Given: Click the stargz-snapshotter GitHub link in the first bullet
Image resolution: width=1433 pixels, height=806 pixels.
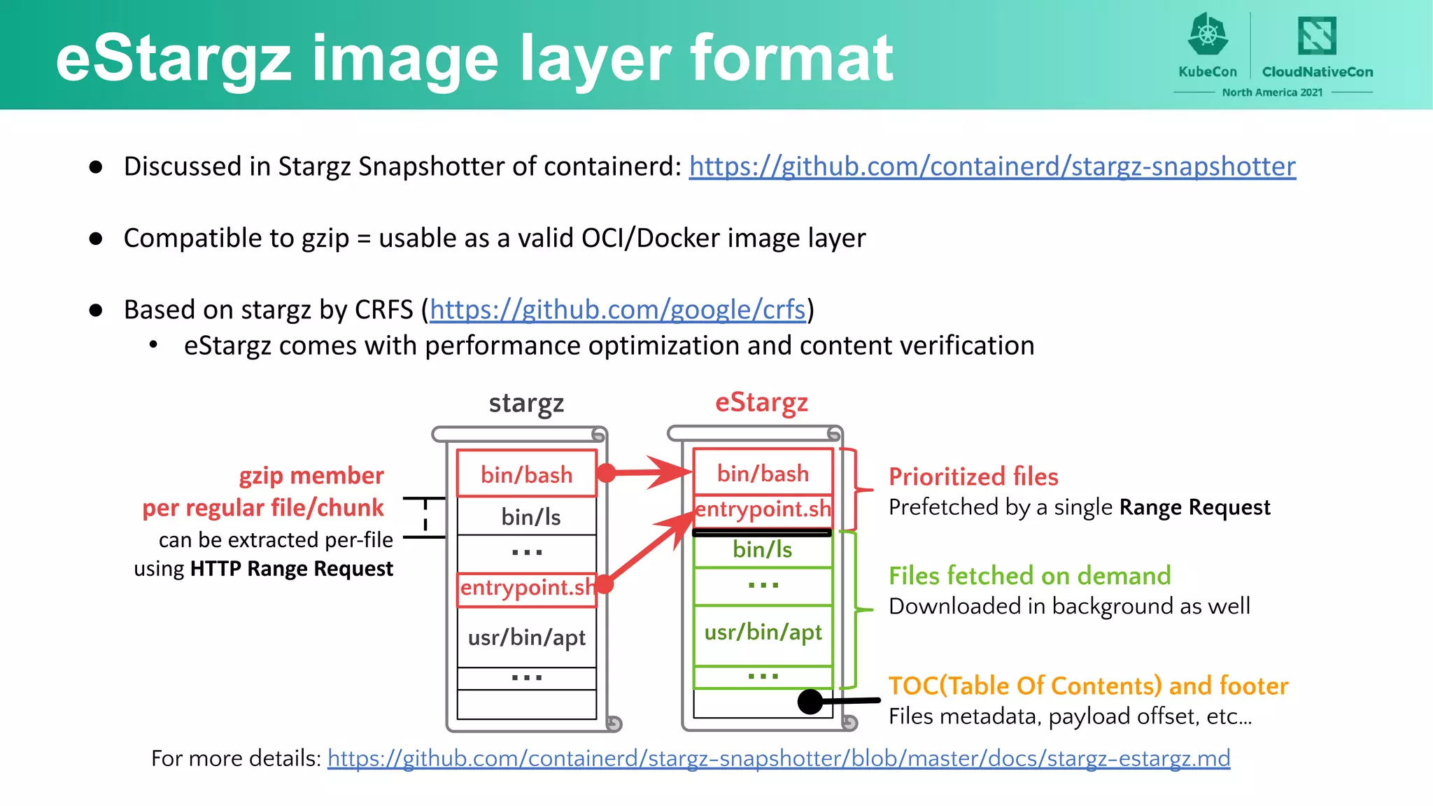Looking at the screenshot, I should tap(992, 167).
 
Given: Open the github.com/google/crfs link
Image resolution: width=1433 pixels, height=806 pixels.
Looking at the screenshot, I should tap(617, 309).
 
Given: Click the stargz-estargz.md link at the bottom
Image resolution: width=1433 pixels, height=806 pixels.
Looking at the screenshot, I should tap(778, 758).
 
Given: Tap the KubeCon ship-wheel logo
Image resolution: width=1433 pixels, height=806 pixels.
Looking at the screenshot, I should tap(1208, 35).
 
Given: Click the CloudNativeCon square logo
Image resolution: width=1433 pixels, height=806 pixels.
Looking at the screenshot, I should tap(1317, 36).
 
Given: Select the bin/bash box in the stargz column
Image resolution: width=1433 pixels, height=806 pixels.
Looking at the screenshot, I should tap(526, 474).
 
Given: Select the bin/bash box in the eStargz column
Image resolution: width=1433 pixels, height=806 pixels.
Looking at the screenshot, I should tap(763, 473).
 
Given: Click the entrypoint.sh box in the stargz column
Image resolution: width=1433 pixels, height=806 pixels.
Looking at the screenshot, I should tap(526, 588).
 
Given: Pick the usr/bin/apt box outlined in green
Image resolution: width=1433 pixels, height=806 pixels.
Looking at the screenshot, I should tap(763, 632).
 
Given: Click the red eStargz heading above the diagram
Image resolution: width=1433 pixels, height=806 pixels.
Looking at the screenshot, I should tap(761, 403).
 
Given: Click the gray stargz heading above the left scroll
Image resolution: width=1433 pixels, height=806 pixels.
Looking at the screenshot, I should tap(526, 404).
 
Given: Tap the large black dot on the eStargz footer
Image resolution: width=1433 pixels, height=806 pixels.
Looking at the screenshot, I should tap(810, 701).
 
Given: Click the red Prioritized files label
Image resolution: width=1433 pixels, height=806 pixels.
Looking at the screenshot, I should tap(973, 477).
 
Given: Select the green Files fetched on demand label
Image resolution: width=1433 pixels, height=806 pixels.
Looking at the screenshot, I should tap(1029, 576).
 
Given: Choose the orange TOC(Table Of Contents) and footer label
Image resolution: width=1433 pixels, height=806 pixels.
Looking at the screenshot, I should tap(1088, 686).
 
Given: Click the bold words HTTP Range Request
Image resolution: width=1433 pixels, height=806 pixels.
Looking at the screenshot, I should tap(291, 569).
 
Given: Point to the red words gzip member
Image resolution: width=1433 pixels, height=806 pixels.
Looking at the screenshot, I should tap(311, 476).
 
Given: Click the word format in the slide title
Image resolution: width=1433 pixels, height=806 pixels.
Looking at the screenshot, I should tap(792, 59).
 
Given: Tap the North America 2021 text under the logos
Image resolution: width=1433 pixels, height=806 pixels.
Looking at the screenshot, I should tap(1272, 92).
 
